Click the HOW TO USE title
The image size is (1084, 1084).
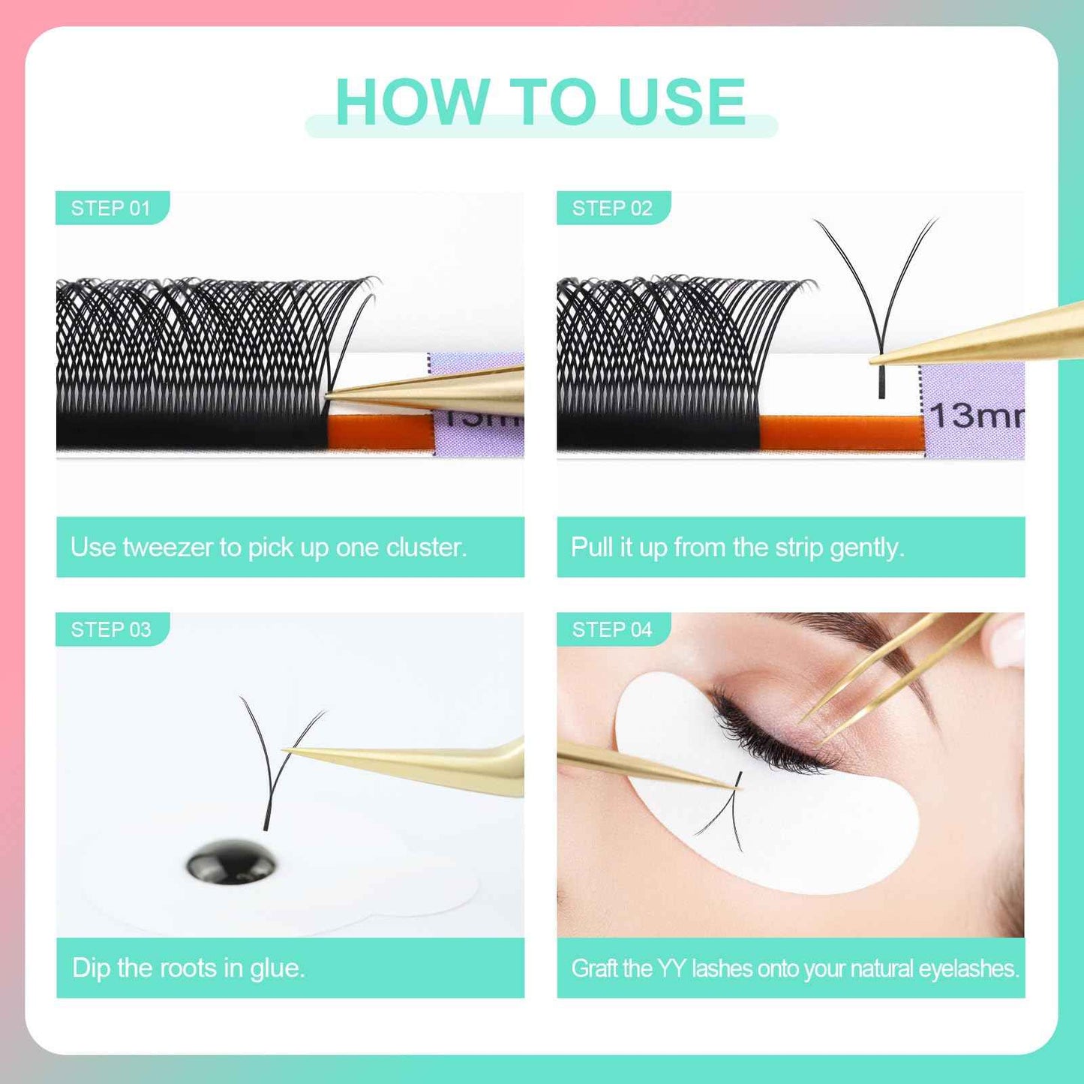[x=540, y=103]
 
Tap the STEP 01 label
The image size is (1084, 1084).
[x=110, y=209]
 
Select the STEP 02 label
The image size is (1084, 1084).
[x=611, y=209]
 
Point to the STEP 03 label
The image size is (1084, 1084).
[x=110, y=629]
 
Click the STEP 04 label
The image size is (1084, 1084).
[x=611, y=629]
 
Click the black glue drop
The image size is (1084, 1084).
[x=232, y=862]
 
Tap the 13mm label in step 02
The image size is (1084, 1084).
[x=975, y=415]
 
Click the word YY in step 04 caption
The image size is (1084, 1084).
[x=671, y=968]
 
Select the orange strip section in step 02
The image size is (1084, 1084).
[x=840, y=433]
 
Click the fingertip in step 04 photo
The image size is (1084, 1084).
[x=1009, y=638]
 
